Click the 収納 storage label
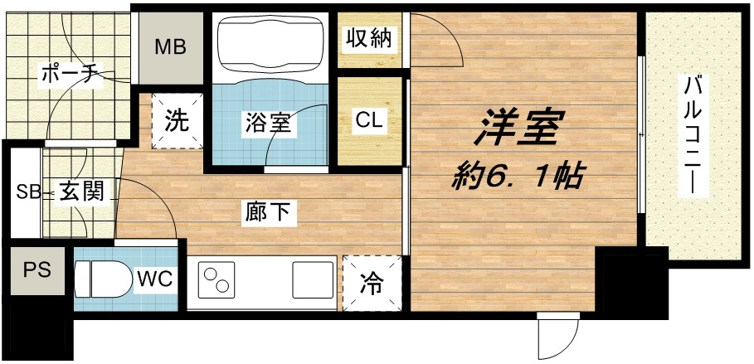click(x=369, y=38)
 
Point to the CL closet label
click(x=369, y=119)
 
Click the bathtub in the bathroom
click(x=268, y=45)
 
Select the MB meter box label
click(x=171, y=46)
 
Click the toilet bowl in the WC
click(x=103, y=279)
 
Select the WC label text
click(x=155, y=278)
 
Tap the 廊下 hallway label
click(x=267, y=213)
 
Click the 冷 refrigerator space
click(x=372, y=283)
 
